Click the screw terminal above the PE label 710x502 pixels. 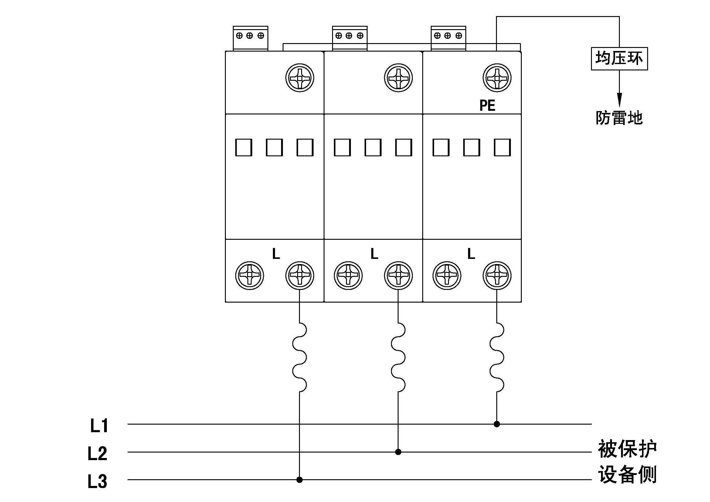point(497,78)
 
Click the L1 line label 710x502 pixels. point(99,426)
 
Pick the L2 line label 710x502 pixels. point(97,453)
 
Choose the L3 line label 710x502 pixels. point(97,481)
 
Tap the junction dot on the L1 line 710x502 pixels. point(497,424)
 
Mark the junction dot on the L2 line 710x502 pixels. point(398,452)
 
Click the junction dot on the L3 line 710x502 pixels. point(299,480)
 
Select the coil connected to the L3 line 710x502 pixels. point(299,357)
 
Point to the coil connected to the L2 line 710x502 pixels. point(398,357)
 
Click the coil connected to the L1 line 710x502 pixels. point(497,357)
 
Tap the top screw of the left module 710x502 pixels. point(299,78)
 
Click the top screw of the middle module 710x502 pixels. point(398,78)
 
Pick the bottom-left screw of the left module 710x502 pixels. point(249,275)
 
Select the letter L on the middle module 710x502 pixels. point(374,254)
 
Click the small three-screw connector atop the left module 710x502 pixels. point(250,38)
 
